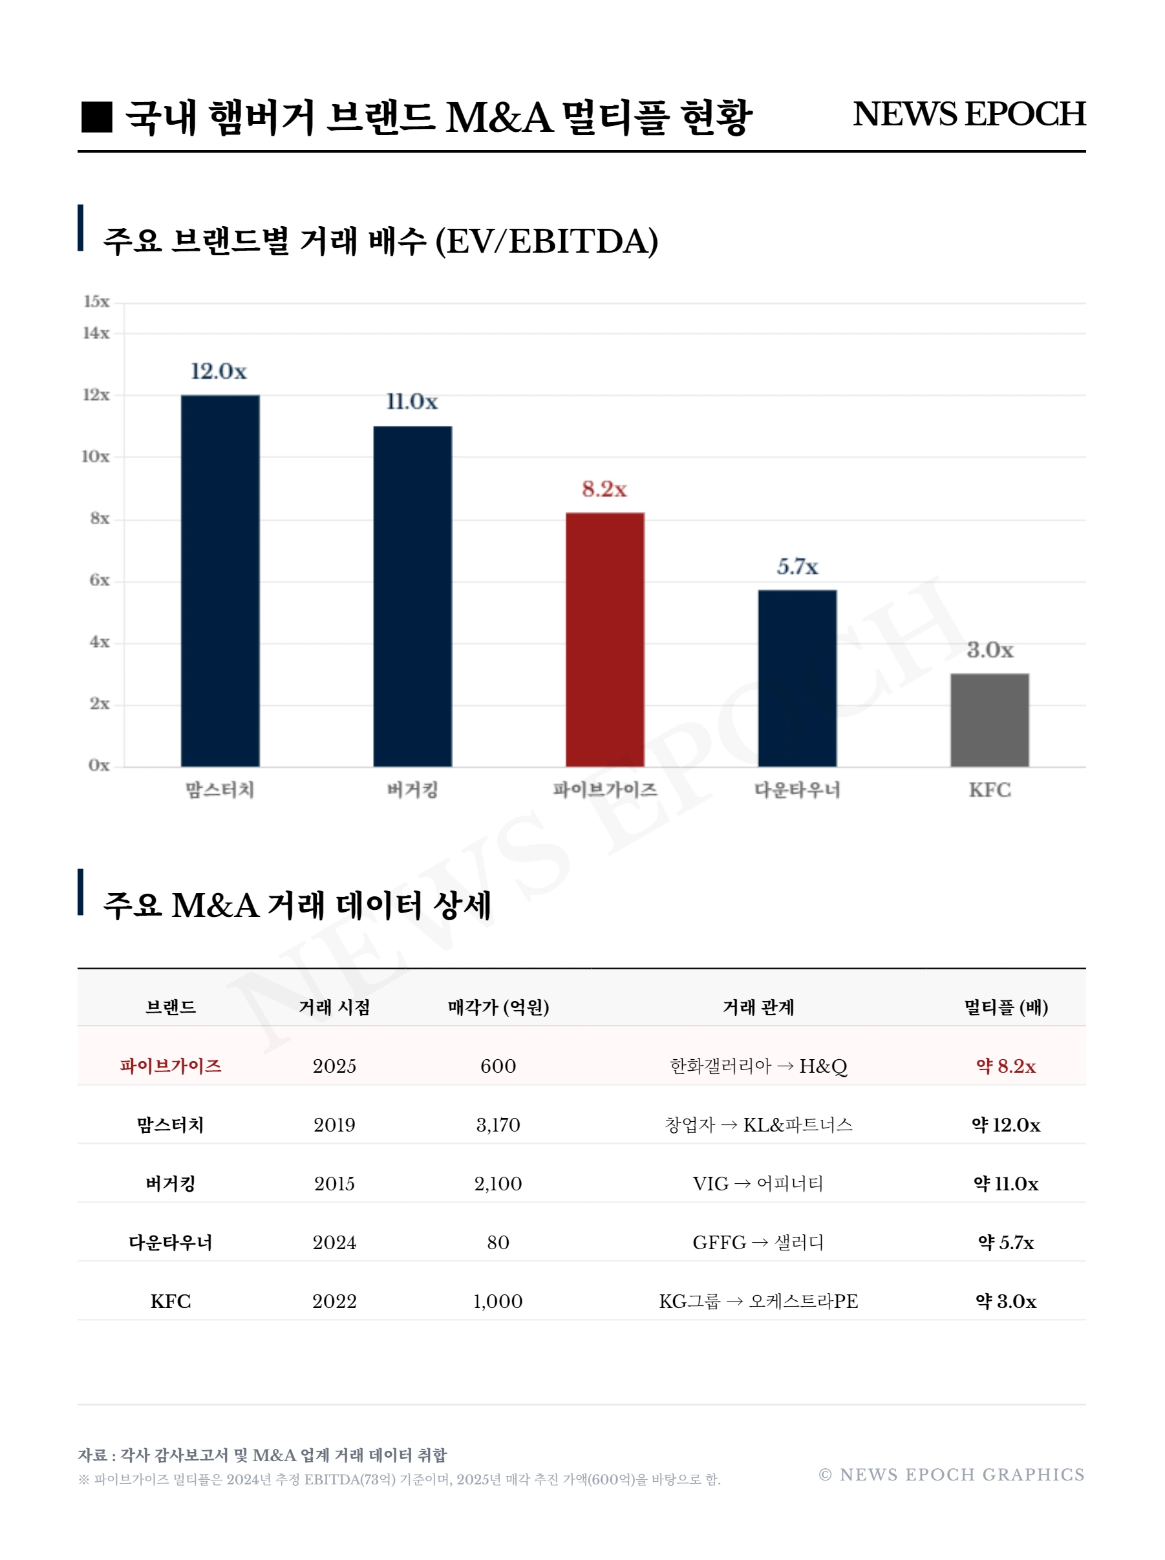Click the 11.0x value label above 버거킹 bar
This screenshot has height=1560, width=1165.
click(412, 402)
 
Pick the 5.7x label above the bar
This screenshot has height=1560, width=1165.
click(797, 566)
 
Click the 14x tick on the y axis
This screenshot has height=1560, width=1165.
click(96, 333)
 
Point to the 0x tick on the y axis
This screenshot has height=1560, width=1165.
click(99, 765)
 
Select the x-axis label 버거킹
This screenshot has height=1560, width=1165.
click(412, 790)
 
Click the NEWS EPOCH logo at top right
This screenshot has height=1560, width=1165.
click(968, 114)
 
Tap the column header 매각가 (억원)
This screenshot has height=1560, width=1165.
click(498, 1007)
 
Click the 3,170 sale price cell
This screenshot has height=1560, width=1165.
click(498, 1124)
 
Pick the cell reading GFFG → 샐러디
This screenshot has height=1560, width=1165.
click(758, 1242)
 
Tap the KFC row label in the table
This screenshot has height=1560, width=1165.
click(171, 1302)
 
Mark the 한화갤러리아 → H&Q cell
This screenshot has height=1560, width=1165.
click(758, 1066)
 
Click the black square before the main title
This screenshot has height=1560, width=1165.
click(96, 117)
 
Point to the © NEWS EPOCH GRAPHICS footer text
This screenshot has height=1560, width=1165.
click(951, 1474)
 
